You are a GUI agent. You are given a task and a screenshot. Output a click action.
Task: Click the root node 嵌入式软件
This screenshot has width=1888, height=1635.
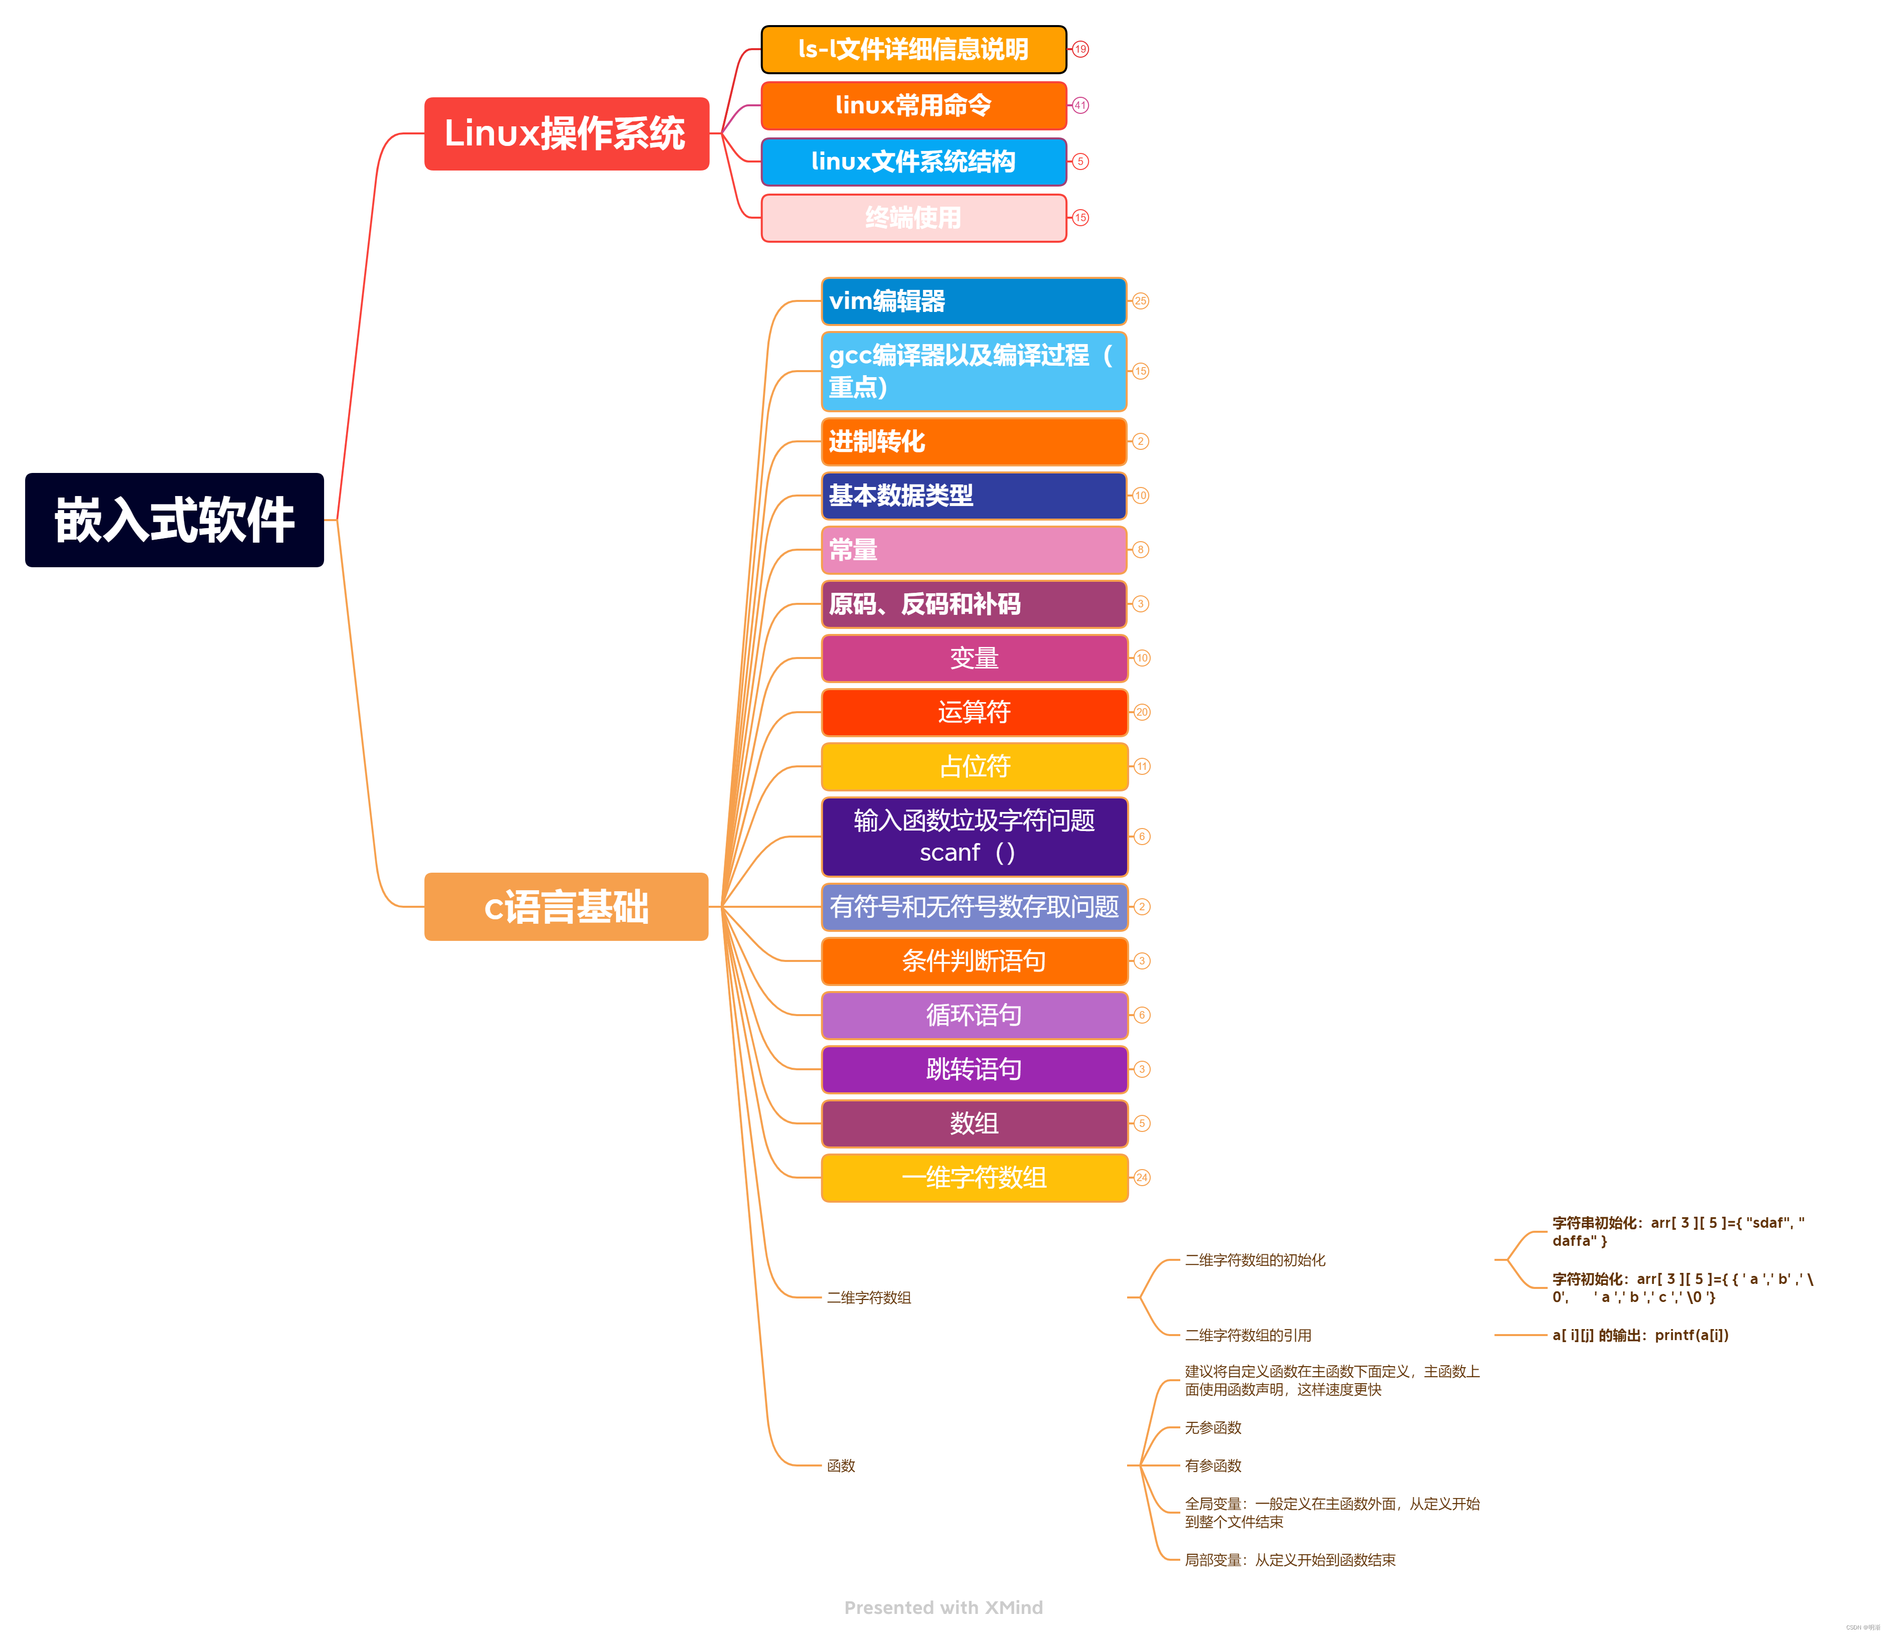click(x=174, y=520)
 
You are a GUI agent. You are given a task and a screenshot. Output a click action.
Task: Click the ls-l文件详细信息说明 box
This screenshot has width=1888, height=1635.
click(x=913, y=49)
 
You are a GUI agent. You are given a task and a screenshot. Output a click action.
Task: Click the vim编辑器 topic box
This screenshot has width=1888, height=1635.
click(x=974, y=301)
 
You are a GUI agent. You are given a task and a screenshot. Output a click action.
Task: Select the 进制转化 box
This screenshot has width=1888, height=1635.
click(x=974, y=441)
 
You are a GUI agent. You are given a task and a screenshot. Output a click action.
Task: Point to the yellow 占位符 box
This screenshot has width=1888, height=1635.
click(x=974, y=766)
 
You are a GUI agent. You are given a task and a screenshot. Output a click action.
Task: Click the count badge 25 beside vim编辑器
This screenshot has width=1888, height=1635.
click(x=1141, y=301)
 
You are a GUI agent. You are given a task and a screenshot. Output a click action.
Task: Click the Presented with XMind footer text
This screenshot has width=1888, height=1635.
click(x=942, y=1607)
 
